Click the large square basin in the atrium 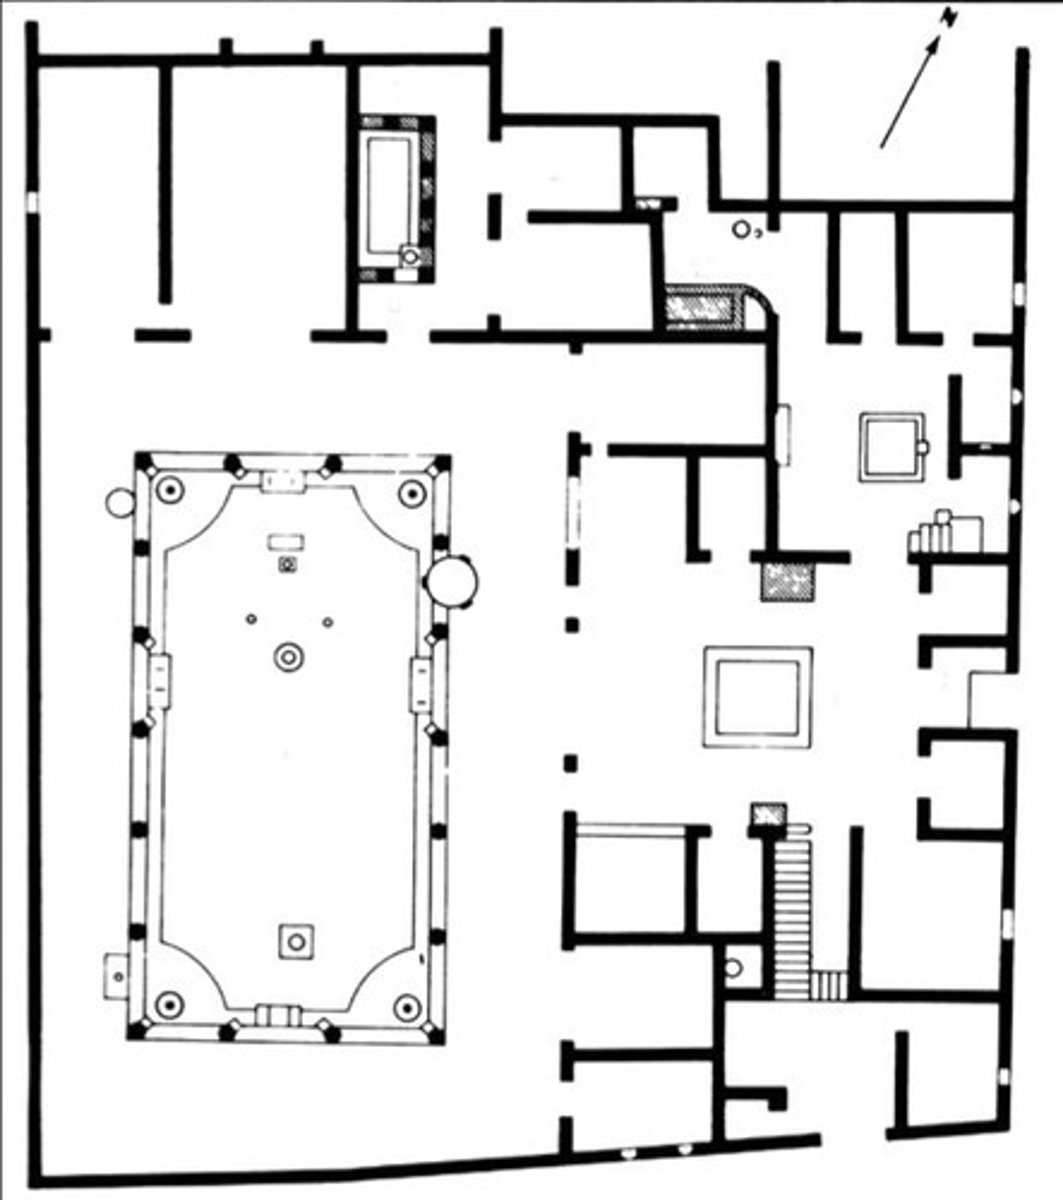[756, 696]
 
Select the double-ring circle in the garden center [289, 657]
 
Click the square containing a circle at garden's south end [295, 940]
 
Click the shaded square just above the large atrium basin [788, 581]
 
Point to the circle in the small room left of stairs [735, 968]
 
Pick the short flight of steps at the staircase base [827, 985]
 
